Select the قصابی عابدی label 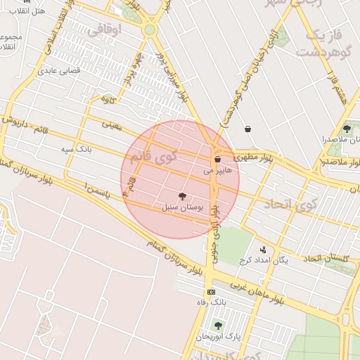click(59, 70)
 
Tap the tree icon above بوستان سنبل click(183, 197)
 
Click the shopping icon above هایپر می click(217, 160)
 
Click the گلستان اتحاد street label click(327, 259)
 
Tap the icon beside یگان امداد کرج click(264, 249)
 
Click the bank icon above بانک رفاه click(210, 292)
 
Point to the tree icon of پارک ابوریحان click(217, 326)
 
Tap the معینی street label click(112, 124)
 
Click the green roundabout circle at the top click(149, 30)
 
